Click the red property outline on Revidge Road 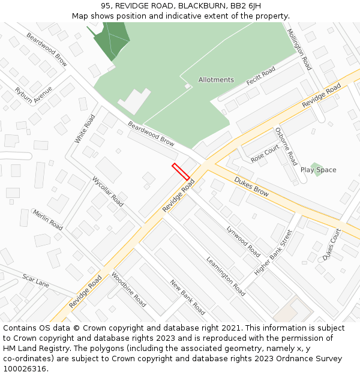point(181,172)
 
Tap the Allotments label point(216,80)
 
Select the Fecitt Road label point(260,76)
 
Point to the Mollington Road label point(299,50)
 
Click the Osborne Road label point(286,146)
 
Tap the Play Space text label point(318,170)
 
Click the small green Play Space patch point(316,166)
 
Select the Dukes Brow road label point(251,186)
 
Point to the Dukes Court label point(332,244)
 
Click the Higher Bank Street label point(273,253)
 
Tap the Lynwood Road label point(244,241)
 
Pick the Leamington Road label point(226,276)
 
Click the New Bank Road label point(187,298)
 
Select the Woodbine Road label point(128,290)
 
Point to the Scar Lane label point(36,280)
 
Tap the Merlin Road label point(48,220)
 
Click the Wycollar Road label point(108,191)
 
